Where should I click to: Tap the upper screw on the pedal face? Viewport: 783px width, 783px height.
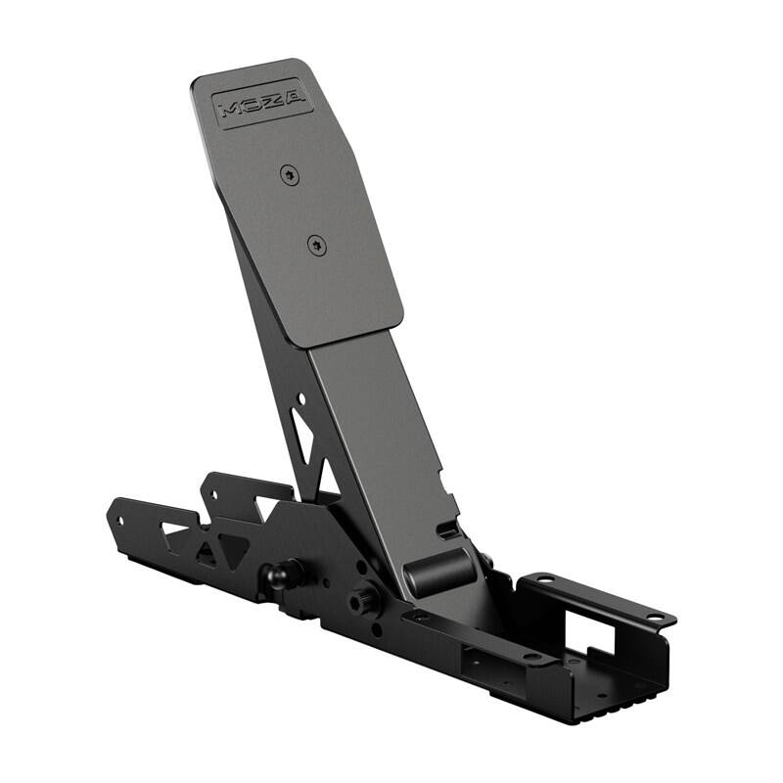coord(288,175)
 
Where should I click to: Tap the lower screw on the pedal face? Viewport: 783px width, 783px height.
coord(315,245)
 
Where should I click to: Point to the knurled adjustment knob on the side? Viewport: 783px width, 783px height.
coord(366,602)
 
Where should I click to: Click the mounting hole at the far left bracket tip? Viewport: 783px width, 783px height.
coord(119,520)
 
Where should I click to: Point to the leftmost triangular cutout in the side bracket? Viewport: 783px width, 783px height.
coord(175,533)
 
